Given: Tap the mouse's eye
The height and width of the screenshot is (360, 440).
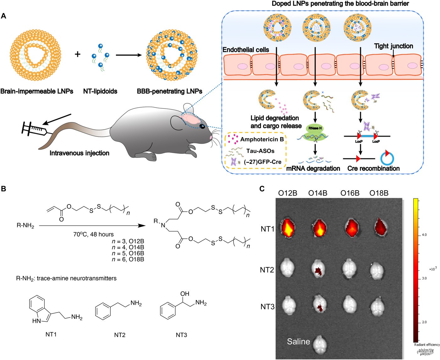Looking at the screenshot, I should (202, 126).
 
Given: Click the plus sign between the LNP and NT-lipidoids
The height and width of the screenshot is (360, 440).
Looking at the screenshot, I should (77, 54).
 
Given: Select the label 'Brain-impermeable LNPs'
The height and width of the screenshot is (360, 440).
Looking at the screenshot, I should (37, 91).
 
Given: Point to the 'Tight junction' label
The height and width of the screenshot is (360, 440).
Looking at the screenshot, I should (393, 46).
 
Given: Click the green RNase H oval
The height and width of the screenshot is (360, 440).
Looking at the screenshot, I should (315, 128).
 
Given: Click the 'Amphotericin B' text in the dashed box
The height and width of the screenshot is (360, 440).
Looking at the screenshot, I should (262, 139).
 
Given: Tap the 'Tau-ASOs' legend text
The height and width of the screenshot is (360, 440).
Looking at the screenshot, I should (260, 151).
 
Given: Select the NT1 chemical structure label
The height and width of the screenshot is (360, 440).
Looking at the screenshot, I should (51, 335).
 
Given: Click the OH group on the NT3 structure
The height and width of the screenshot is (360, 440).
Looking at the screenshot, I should (185, 294).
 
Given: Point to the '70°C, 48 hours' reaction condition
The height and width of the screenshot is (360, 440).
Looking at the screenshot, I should (94, 235).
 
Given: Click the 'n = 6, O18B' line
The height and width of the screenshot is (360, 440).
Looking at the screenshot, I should (128, 259).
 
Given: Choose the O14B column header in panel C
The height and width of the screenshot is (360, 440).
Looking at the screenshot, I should (318, 193).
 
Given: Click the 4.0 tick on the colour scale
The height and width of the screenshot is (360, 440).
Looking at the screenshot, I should (424, 235).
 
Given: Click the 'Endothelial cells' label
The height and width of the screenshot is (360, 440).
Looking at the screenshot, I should (246, 50).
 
